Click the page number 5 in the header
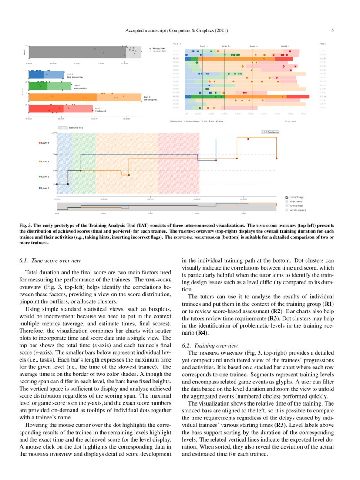(x=332, y=30)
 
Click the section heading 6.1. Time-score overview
(x=50, y=260)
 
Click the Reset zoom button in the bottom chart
(x=273, y=131)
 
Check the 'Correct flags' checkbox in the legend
(x=287, y=197)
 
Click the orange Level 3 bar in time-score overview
(x=83, y=97)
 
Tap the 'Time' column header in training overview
(x=322, y=44)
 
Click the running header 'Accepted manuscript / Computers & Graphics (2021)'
(x=177, y=30)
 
